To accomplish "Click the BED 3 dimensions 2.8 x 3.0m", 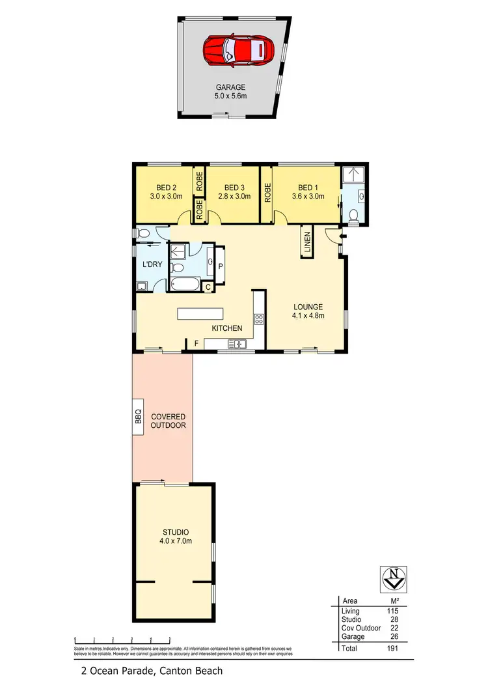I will pos(234,196).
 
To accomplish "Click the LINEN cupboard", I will pos(307,242).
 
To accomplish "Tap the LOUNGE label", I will pos(308,307).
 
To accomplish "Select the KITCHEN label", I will pos(226,328).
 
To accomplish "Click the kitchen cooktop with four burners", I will pos(258,319).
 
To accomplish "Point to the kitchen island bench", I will pos(200,313).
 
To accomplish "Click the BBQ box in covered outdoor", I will pos(138,416).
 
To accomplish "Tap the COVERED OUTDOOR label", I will pos(169,421).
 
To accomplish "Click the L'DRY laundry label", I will pos(152,264).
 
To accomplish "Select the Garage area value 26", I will pos(393,636).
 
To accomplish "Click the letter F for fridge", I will pos(196,342).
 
